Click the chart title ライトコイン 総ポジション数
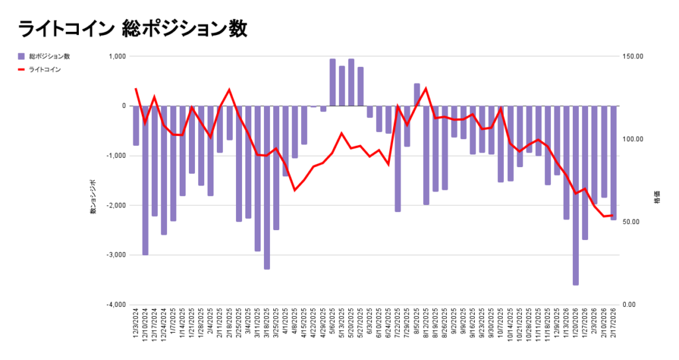click(x=133, y=29)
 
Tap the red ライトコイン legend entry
click(x=44, y=69)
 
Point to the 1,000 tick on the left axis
click(x=115, y=56)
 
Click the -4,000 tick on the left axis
click(x=115, y=305)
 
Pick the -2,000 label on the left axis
click(x=115, y=206)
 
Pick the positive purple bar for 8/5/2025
click(x=417, y=95)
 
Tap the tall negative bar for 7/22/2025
click(x=398, y=159)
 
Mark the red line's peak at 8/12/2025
click(x=425, y=88)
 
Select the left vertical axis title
click(x=93, y=197)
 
